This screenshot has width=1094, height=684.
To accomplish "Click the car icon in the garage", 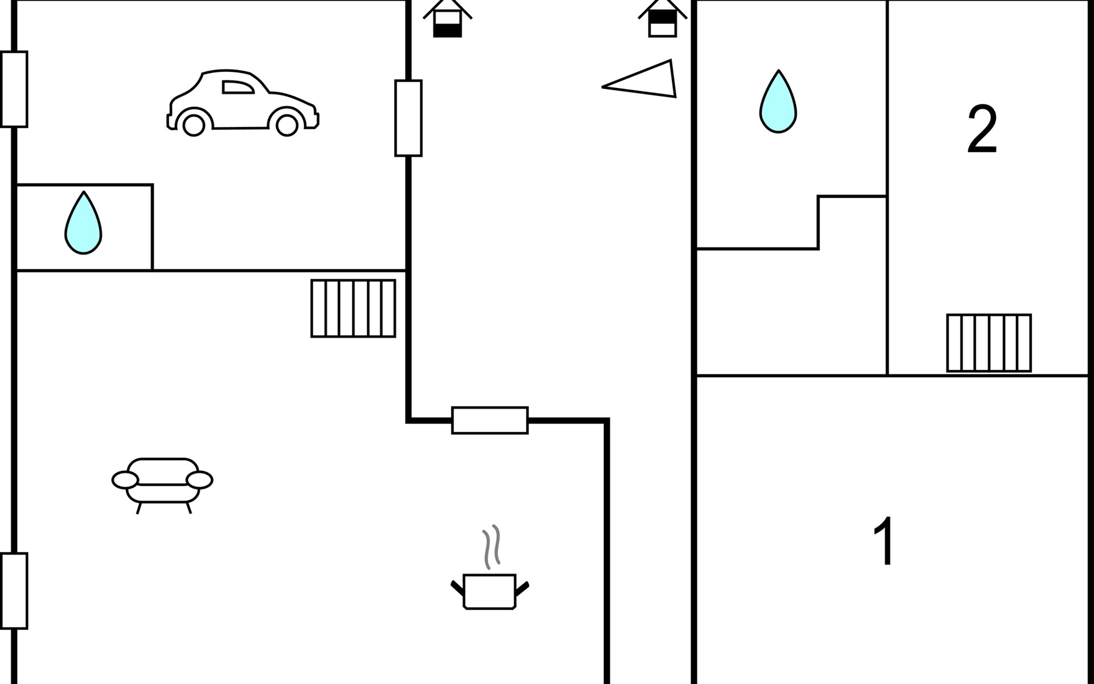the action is (243, 103).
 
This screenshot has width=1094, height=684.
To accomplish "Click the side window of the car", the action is (238, 87).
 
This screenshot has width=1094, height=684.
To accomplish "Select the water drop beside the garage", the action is (83, 222).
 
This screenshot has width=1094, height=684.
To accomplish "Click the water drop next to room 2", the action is (778, 101).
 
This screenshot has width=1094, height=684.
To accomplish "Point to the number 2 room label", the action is (982, 130).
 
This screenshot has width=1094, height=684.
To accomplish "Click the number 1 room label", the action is (883, 541).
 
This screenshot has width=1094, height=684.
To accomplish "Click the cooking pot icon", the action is (490, 592).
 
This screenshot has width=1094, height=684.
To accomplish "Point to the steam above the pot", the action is (492, 547).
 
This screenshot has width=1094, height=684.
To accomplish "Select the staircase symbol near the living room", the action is (353, 308).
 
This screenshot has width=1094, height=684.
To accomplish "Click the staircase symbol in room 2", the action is (989, 343).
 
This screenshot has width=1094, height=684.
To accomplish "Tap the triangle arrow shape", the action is (639, 79).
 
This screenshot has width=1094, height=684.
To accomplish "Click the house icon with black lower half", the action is (447, 18).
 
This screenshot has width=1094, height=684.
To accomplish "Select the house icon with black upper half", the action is (663, 18).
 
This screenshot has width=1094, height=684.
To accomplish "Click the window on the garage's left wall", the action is (14, 89).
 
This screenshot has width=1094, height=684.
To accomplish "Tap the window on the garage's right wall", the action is (409, 118).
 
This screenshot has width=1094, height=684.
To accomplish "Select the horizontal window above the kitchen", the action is (490, 421).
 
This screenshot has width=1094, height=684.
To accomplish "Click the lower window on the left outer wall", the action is (14, 591).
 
